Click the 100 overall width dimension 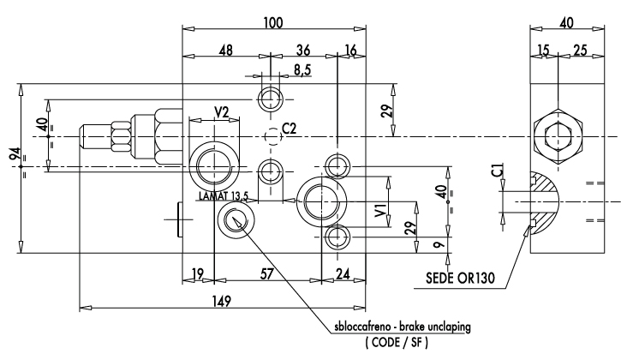(x=273, y=22)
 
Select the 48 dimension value (x=226, y=51)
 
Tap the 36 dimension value (x=303, y=51)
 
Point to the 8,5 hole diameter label (x=302, y=69)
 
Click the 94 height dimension (x=15, y=155)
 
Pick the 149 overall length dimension (x=221, y=302)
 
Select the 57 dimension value (x=267, y=273)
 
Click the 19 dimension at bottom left (x=198, y=273)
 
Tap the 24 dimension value (x=343, y=273)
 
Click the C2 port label (x=290, y=129)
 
